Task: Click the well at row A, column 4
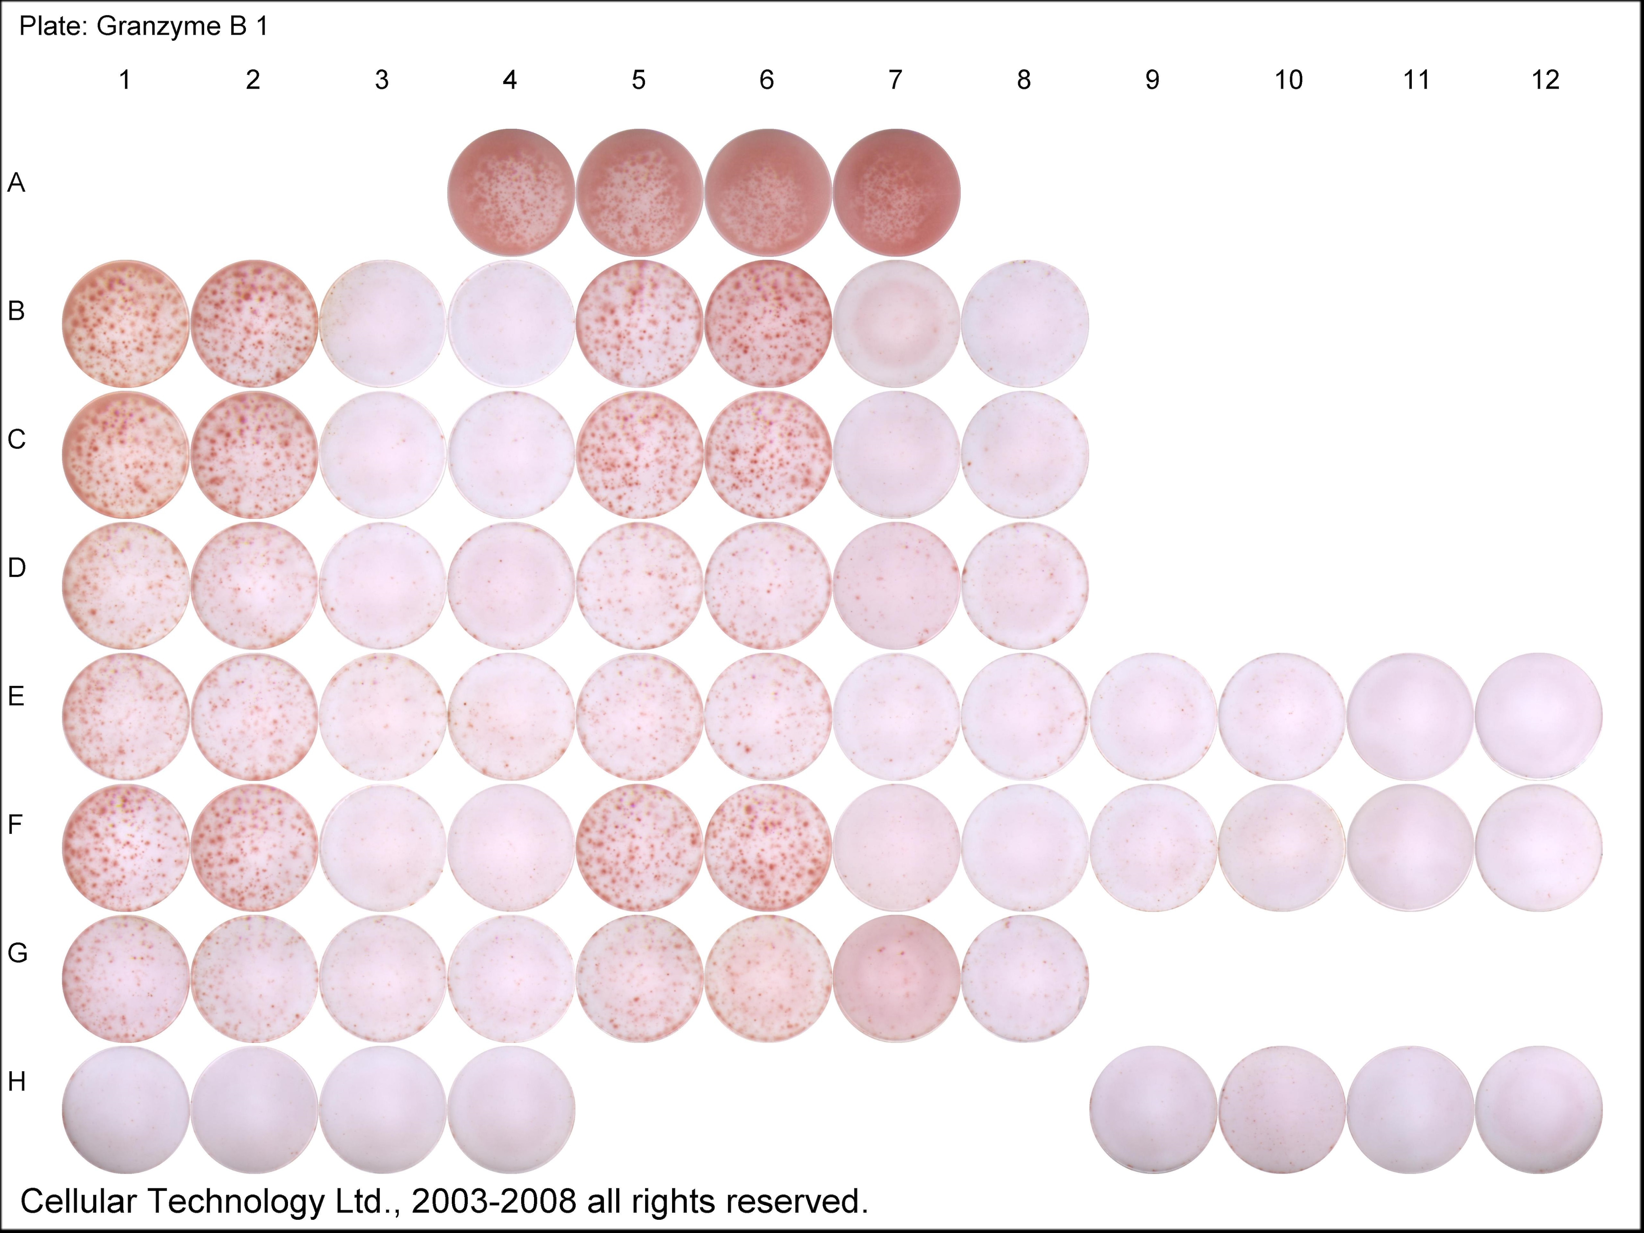pyautogui.click(x=511, y=192)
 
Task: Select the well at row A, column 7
pyautogui.click(x=896, y=192)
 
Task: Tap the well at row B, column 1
pyautogui.click(x=125, y=323)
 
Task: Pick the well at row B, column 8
pyautogui.click(x=1025, y=323)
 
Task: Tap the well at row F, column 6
pyautogui.click(x=768, y=847)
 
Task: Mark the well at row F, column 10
pyautogui.click(x=1281, y=847)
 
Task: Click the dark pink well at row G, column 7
pyautogui.click(x=896, y=978)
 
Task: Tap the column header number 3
pyautogui.click(x=381, y=80)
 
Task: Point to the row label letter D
pyautogui.click(x=16, y=568)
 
